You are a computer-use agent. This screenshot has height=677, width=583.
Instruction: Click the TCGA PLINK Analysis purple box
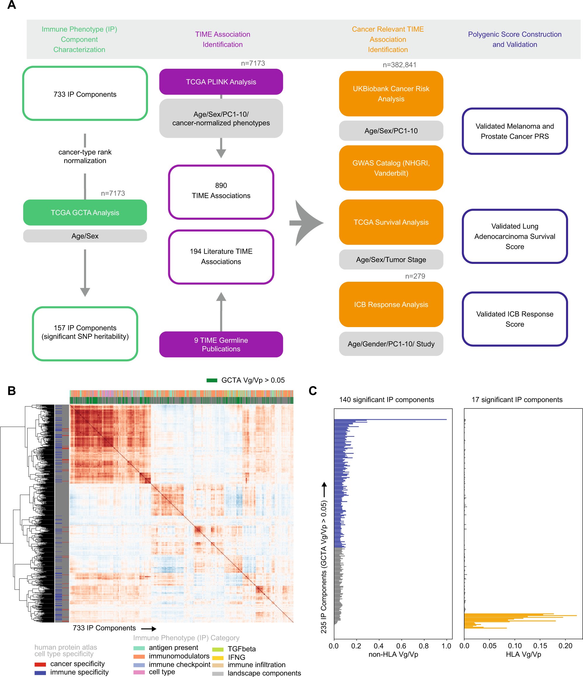coord(221,82)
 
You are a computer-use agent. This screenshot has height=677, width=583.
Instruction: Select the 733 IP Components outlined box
coord(85,94)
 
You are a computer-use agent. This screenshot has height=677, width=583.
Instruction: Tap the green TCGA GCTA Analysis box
coord(85,212)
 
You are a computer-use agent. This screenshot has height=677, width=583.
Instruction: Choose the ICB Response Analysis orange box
coord(391,304)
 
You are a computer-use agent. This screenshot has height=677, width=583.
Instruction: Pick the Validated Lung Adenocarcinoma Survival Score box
coord(515,236)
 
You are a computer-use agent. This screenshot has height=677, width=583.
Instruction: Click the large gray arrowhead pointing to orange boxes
coord(307,223)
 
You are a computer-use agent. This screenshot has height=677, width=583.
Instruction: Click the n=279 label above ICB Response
coord(415,276)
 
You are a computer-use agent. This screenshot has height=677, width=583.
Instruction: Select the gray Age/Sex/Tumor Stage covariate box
coord(391,260)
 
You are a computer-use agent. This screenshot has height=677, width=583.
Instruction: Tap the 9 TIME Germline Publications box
coord(221,344)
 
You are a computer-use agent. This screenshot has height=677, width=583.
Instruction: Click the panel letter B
coord(11,391)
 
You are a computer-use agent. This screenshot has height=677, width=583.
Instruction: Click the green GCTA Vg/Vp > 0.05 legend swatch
coord(212,380)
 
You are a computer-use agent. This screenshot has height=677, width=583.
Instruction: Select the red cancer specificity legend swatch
coord(40,664)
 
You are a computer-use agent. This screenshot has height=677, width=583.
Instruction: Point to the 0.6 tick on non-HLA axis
coord(401,646)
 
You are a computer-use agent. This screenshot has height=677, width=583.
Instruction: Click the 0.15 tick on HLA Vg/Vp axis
coord(540,646)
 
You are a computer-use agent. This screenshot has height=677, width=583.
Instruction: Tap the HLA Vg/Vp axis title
coord(523,654)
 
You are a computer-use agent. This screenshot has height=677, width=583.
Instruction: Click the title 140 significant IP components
coord(386,400)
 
